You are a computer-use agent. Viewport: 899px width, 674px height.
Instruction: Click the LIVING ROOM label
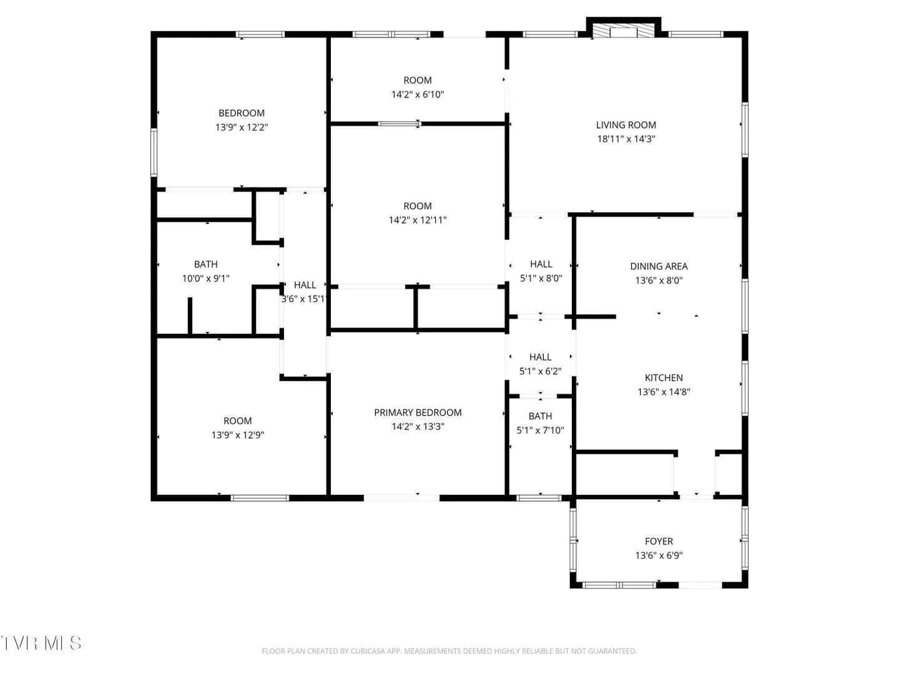pyautogui.click(x=626, y=125)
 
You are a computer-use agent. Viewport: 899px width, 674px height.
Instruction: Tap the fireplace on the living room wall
pyautogui.click(x=623, y=28)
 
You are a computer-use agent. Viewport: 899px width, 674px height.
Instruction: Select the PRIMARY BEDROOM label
pyautogui.click(x=418, y=412)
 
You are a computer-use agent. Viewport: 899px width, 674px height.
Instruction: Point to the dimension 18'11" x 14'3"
pyautogui.click(x=626, y=139)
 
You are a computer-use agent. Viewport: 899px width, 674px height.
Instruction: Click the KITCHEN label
pyautogui.click(x=664, y=378)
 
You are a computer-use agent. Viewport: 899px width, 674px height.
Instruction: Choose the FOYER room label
pyautogui.click(x=659, y=541)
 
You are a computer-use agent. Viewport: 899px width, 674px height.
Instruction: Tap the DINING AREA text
pyautogui.click(x=659, y=266)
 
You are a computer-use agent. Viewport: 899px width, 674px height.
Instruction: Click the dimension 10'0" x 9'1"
pyautogui.click(x=205, y=278)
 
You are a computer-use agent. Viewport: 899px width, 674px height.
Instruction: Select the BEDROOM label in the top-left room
pyautogui.click(x=241, y=113)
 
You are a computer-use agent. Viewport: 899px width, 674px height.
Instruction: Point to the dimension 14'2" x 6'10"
pyautogui.click(x=418, y=94)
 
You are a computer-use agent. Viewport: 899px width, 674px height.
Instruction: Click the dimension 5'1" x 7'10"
pyautogui.click(x=540, y=430)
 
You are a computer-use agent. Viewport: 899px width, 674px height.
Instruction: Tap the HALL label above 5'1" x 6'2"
pyautogui.click(x=540, y=357)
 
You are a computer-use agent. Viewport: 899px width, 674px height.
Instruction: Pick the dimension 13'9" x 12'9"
pyautogui.click(x=238, y=434)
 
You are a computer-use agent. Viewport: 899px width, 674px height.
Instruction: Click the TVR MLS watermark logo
pyautogui.click(x=41, y=643)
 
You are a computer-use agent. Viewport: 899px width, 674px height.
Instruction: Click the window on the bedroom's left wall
pyautogui.click(x=154, y=152)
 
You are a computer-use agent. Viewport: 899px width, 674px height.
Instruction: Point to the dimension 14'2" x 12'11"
pyautogui.click(x=418, y=220)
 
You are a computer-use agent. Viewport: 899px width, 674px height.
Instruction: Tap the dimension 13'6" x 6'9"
pyautogui.click(x=659, y=555)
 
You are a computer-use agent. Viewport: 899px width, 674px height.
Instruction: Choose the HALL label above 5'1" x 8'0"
pyautogui.click(x=541, y=264)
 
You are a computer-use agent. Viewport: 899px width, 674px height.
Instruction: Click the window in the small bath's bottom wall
pyautogui.click(x=538, y=498)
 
